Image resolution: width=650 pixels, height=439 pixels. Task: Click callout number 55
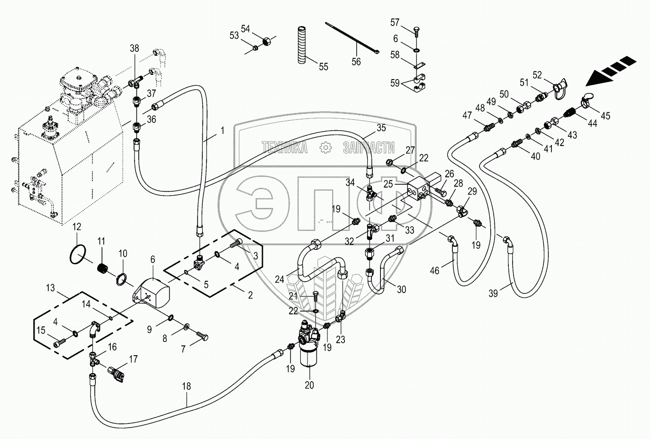[323, 67]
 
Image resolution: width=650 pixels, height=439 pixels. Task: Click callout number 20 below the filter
[309, 385]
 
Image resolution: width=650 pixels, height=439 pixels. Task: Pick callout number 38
[135, 48]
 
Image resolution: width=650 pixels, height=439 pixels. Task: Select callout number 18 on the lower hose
[186, 386]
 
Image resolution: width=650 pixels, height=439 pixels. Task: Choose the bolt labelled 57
[415, 32]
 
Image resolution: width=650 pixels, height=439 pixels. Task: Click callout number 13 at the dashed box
[50, 288]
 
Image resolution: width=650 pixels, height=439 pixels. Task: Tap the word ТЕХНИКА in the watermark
[285, 148]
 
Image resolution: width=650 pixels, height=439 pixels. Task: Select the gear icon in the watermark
[325, 148]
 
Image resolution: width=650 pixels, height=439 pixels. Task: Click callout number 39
[493, 294]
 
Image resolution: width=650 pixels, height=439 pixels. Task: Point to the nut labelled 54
[266, 41]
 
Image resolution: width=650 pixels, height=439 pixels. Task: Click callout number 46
[434, 270]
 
